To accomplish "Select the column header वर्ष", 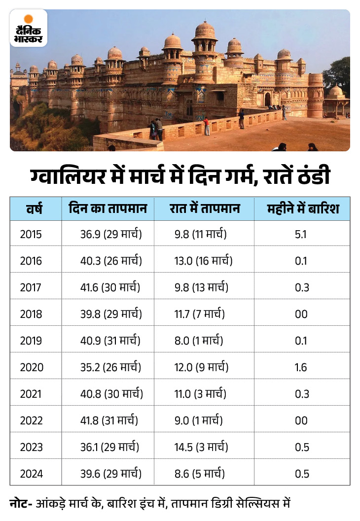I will click(x=34, y=209).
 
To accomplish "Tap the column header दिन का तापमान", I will click(x=108, y=209).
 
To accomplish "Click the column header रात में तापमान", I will click(x=204, y=209).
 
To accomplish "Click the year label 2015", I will click(x=31, y=234).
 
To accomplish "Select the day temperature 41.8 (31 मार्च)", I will click(x=109, y=420).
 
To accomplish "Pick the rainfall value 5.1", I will click(x=301, y=234).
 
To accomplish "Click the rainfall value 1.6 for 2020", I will click(x=301, y=367).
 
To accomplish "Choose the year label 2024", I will click(x=31, y=474).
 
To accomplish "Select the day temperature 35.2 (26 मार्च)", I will click(x=111, y=367).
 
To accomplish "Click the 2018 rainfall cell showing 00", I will click(x=301, y=314).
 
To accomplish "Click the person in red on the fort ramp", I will click(x=207, y=127).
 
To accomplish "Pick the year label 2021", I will click(x=31, y=394).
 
